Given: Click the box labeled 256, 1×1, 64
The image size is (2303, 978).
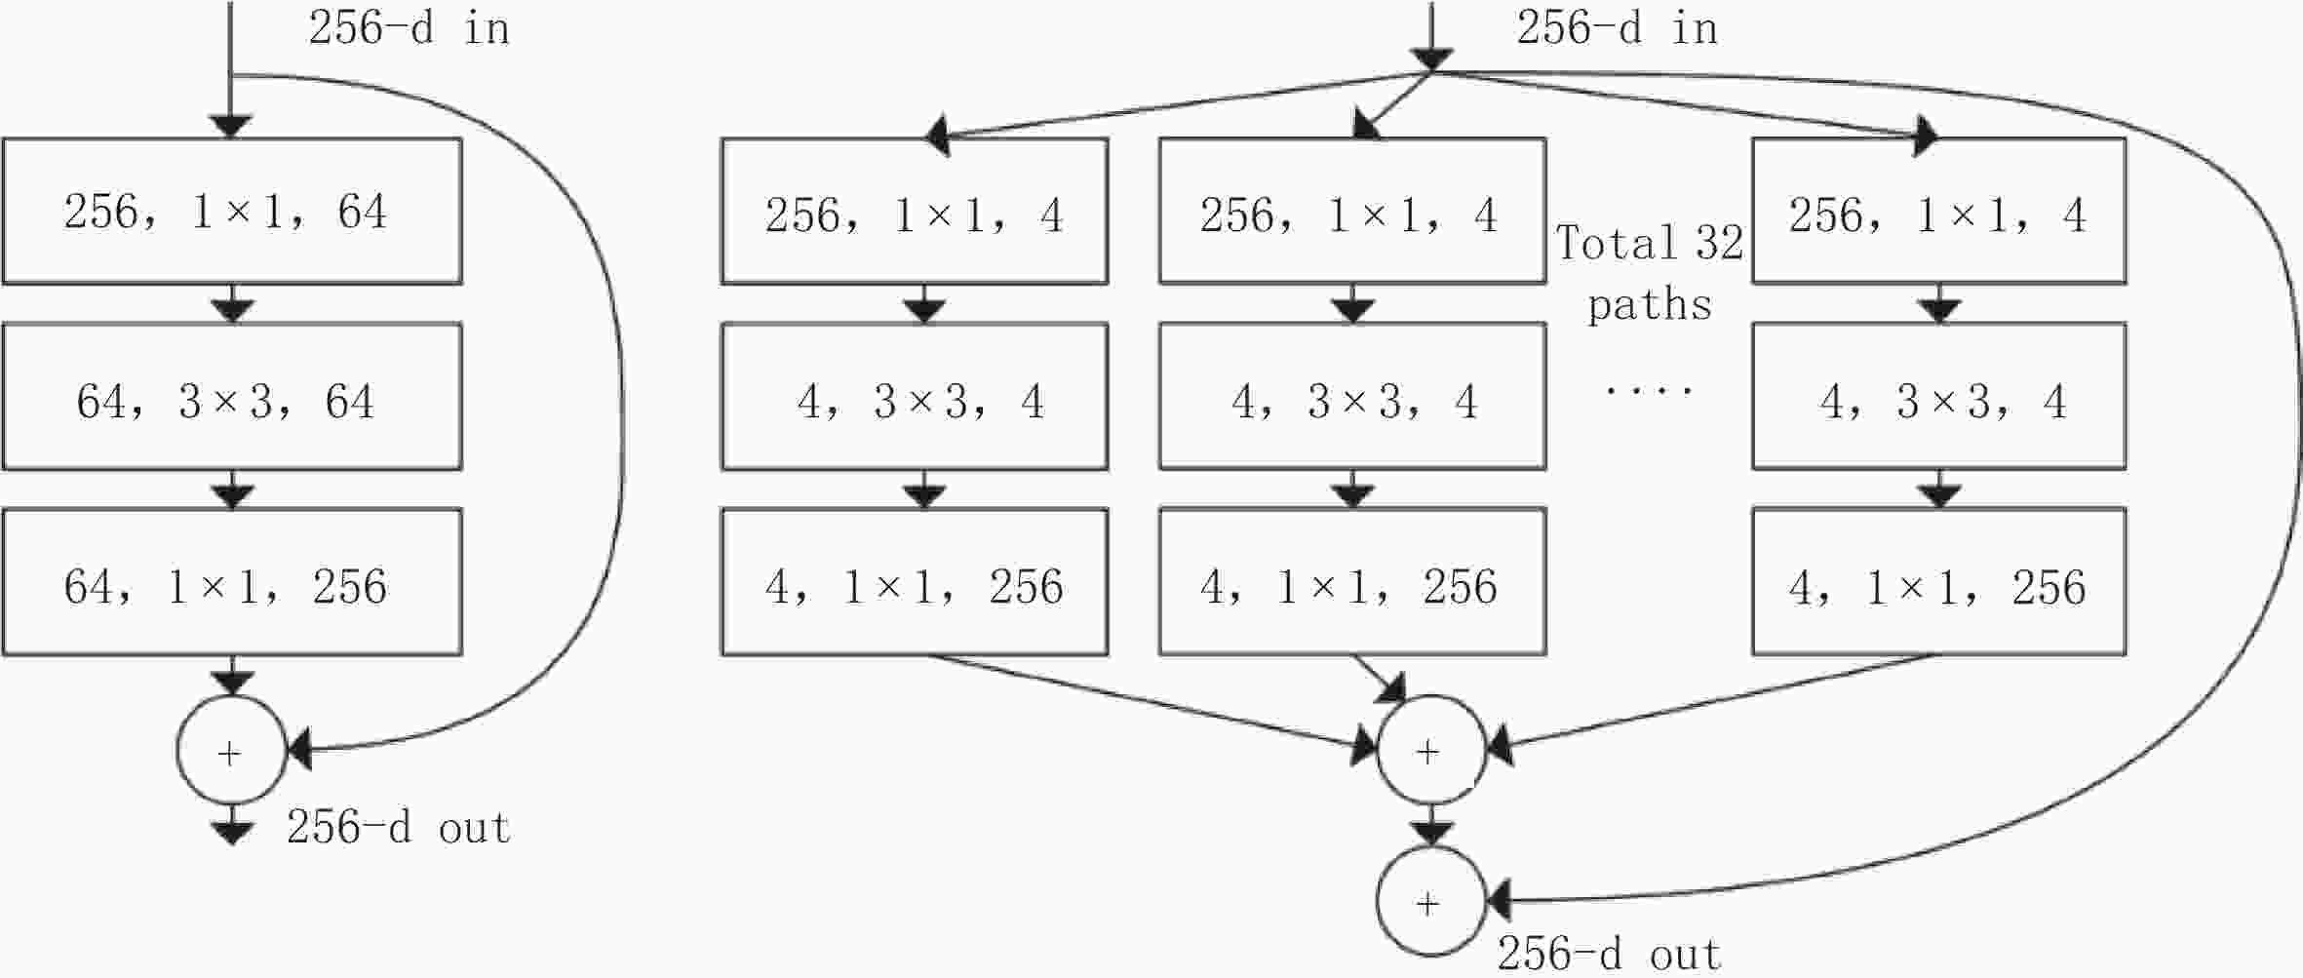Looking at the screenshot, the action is pyautogui.click(x=232, y=211).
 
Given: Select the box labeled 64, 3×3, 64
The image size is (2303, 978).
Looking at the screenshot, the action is pyautogui.click(x=232, y=396).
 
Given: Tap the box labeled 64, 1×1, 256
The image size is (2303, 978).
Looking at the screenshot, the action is pyautogui.click(x=232, y=581).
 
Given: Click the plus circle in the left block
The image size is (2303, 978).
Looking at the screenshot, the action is pyautogui.click(x=232, y=751).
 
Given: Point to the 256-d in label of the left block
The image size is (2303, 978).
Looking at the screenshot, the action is pyautogui.click(x=410, y=27).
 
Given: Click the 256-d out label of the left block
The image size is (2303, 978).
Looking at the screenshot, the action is pyautogui.click(x=398, y=827).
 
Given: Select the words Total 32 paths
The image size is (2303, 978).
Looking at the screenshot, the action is pyautogui.click(x=1650, y=273).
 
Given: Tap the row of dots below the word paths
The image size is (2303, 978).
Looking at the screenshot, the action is pyautogui.click(x=1650, y=390).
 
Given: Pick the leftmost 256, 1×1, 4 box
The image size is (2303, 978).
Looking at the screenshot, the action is pyautogui.click(x=915, y=211).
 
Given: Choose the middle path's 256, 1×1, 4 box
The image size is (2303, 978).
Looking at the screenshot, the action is pyautogui.click(x=1352, y=211).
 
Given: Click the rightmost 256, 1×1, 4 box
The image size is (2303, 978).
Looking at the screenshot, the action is pyautogui.click(x=1939, y=211).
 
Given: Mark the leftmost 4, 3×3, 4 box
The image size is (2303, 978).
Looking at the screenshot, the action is pyautogui.click(x=915, y=396).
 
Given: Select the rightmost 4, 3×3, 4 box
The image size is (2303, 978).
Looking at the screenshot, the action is pyautogui.click(x=1939, y=396).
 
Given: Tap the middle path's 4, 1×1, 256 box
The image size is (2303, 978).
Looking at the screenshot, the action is pyautogui.click(x=1352, y=581).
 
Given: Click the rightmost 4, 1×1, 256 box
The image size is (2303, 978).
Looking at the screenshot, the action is pyautogui.click(x=1939, y=581).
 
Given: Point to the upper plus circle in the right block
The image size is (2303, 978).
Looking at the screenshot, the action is pyautogui.click(x=1431, y=750).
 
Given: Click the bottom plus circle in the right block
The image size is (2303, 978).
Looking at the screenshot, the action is pyautogui.click(x=1431, y=901).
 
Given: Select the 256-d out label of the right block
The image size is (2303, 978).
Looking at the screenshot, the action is pyautogui.click(x=1609, y=954).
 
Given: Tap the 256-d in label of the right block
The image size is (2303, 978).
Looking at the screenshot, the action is pyautogui.click(x=1617, y=27).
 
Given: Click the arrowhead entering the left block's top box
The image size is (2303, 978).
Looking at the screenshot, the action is pyautogui.click(x=232, y=127).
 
